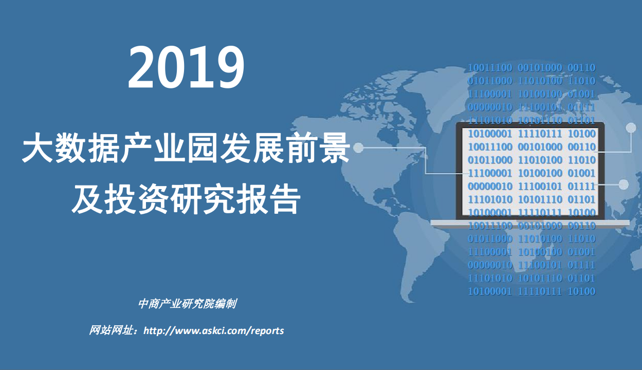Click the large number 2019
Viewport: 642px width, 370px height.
coord(186,67)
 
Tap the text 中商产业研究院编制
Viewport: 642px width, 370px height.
coord(187,304)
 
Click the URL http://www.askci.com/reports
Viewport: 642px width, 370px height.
coord(214,330)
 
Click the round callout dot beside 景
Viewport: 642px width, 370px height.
coord(358,148)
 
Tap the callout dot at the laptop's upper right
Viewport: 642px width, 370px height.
coord(631,128)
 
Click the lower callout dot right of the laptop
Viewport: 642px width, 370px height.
coord(624,184)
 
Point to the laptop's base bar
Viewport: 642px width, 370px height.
coord(529,223)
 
